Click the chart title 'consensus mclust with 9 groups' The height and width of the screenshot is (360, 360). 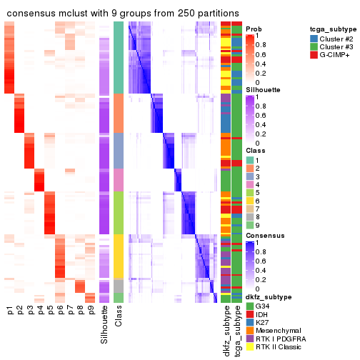point(123,14)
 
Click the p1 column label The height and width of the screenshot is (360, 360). point(10,311)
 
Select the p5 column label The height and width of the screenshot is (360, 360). point(50,311)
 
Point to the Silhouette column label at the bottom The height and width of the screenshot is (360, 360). point(105,325)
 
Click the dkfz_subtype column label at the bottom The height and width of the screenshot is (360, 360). point(226,331)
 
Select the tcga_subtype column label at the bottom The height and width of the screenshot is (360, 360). point(236,329)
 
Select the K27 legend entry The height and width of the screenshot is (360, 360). point(264,324)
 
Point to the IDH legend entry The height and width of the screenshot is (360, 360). point(262,314)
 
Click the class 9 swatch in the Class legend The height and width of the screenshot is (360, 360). point(250,225)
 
